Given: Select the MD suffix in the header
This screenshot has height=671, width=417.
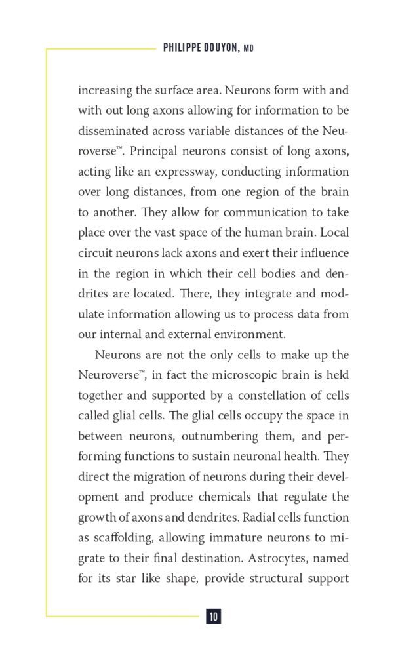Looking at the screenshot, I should tap(248, 49).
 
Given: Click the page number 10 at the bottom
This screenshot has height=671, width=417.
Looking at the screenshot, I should tap(213, 616).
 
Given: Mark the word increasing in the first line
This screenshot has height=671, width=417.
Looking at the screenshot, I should tap(104, 90).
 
